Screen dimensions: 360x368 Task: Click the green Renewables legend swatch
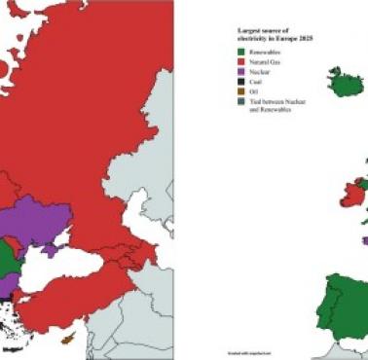pos(241,53)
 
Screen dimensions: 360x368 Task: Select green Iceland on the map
pos(342,81)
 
